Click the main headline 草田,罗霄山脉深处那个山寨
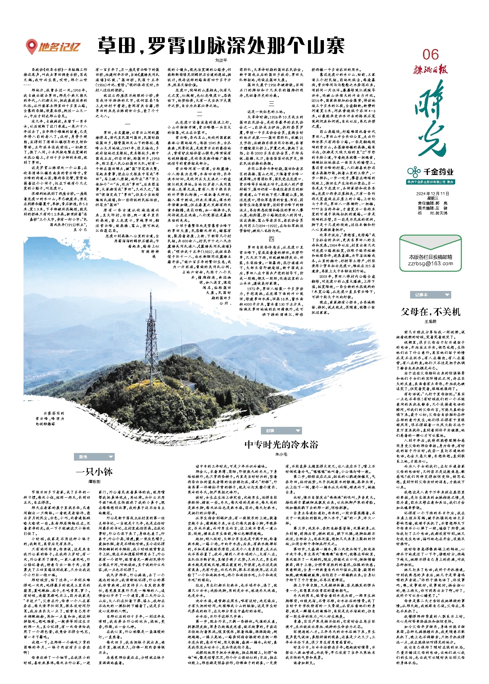pyautogui.click(x=221, y=46)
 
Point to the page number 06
pyautogui.click(x=430, y=55)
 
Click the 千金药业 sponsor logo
pyautogui.click(x=430, y=172)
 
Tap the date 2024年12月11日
pyautogui.click(x=433, y=194)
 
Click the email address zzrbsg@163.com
pyautogui.click(x=430, y=263)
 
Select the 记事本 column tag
pyautogui.click(x=430, y=295)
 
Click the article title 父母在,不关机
pyautogui.click(x=430, y=312)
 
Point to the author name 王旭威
pyautogui.click(x=430, y=321)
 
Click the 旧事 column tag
pyautogui.click(x=281, y=430)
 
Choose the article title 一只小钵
pyautogui.click(x=94, y=472)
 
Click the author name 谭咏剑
pyautogui.click(x=94, y=482)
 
